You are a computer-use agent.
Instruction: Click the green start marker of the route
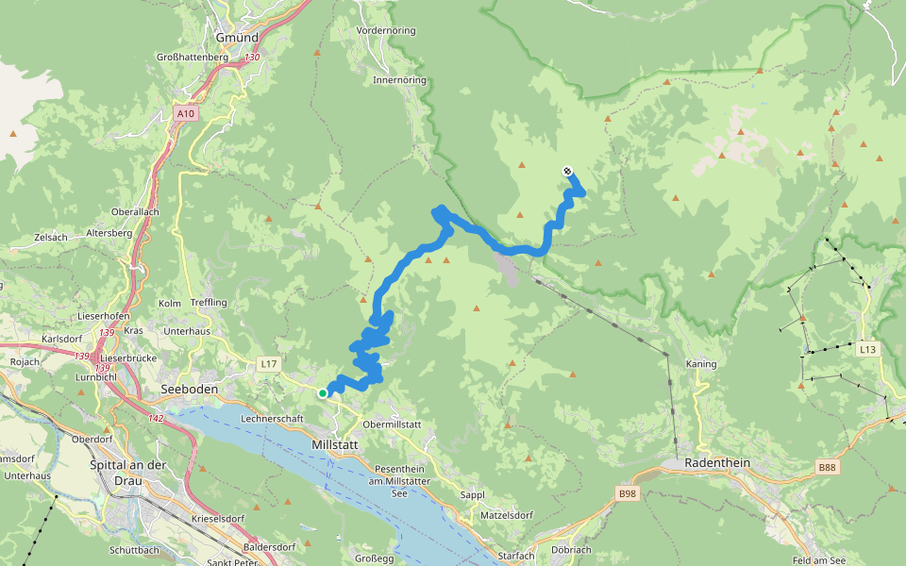coord(323,393)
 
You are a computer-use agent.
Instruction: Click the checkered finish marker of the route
coord(567,171)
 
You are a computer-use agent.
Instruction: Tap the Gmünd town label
coord(237,38)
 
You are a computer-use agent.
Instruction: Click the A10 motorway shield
coord(186,114)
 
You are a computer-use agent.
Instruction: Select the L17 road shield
coord(268,363)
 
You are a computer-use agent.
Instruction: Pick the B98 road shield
coord(628,493)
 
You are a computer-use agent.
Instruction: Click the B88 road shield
coord(827,467)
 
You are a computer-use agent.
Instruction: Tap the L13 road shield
coord(867,349)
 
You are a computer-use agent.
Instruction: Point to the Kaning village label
coord(701,364)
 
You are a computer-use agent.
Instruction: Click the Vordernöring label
coord(386,31)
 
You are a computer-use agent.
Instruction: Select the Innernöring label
coord(399,80)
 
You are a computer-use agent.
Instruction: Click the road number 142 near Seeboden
coord(157,418)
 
